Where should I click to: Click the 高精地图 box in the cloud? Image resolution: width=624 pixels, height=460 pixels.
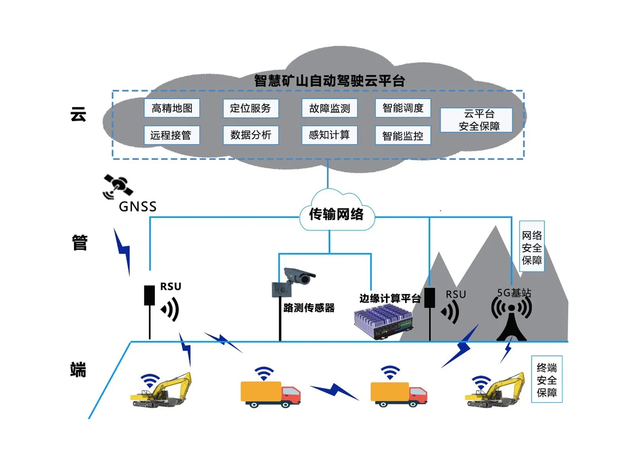click(172, 108)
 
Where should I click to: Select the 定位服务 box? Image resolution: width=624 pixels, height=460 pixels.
click(251, 108)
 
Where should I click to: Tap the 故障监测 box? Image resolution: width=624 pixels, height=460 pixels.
click(330, 108)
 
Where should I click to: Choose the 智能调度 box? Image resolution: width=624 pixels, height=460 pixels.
click(403, 108)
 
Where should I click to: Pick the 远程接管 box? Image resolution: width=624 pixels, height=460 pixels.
click(172, 135)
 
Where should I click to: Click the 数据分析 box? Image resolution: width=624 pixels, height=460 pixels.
click(251, 135)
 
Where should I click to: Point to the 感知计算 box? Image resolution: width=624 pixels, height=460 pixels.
click(330, 135)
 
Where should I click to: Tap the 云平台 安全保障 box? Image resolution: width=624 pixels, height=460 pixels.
click(476, 120)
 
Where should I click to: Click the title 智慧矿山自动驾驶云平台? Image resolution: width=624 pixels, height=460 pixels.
click(330, 81)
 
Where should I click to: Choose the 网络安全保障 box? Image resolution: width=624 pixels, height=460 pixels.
click(531, 248)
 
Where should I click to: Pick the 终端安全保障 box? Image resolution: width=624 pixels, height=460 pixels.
click(546, 380)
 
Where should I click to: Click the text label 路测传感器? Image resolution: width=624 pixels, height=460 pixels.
click(309, 307)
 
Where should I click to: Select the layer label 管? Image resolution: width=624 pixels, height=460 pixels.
click(79, 242)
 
